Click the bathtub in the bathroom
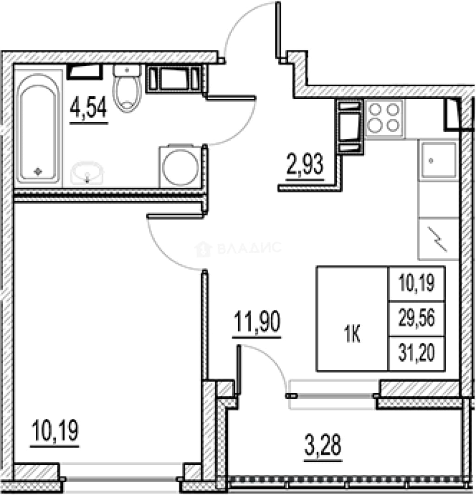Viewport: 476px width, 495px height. pos(38,126)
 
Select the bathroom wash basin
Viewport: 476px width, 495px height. pos(87,173)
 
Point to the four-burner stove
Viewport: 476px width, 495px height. pos(384,118)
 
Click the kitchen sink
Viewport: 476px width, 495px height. pos(438,160)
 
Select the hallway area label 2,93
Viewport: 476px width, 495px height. pos(305,164)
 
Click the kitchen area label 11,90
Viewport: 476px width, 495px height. pos(257,322)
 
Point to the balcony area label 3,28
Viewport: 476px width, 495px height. pos(323,445)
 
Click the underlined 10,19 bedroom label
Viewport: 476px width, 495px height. pos(55,430)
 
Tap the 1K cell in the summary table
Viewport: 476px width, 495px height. pos(352,335)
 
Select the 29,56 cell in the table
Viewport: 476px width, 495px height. pos(416,318)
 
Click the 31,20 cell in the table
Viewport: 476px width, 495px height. pos(416,353)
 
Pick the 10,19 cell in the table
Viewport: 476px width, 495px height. pos(416,282)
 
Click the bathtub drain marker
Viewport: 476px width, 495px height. pos(38,171)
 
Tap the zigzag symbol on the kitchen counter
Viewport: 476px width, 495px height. pos(438,239)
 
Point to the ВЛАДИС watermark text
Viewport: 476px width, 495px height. pos(249,248)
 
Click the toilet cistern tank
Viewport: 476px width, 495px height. pos(127,71)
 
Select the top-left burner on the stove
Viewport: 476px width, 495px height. pos(375,110)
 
